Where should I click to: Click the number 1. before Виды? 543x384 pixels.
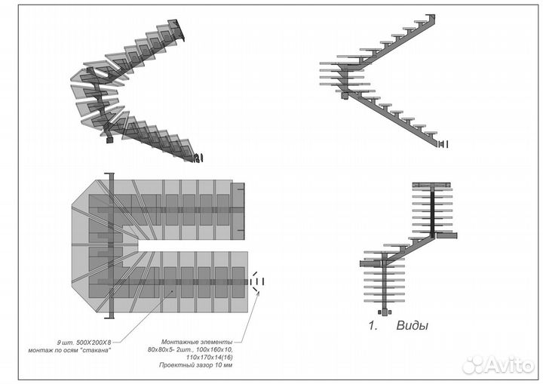point(373,327)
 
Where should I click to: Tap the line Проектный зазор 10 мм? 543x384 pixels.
point(196,367)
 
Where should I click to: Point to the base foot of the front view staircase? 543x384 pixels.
point(385,312)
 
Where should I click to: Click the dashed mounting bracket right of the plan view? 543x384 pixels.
point(258,282)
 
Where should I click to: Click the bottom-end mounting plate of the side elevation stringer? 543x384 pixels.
point(443,143)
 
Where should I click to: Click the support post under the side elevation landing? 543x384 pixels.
point(345,94)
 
